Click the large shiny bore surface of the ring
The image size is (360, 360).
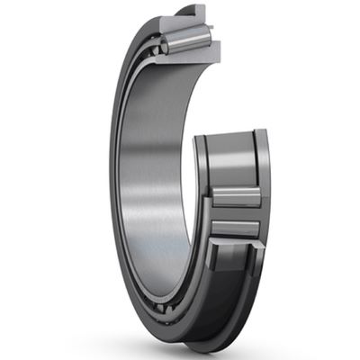153,162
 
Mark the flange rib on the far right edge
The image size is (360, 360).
263,180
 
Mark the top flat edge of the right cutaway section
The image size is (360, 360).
229,134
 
